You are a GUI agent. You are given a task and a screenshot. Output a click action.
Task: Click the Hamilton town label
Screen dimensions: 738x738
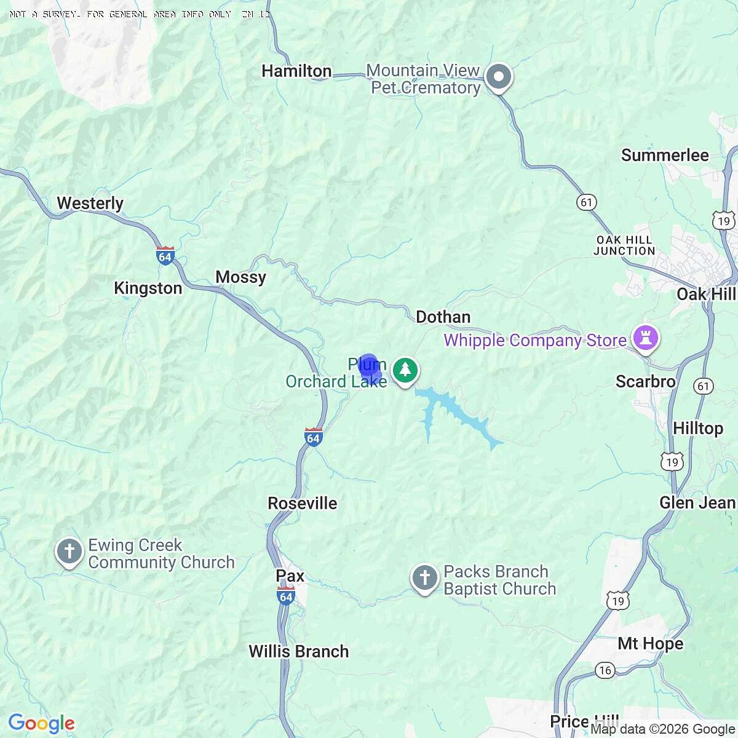pyautogui.click(x=296, y=71)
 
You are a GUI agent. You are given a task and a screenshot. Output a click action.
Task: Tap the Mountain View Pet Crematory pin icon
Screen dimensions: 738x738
pyautogui.click(x=499, y=78)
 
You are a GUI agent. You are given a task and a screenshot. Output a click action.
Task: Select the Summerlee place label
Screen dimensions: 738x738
pyautogui.click(x=665, y=155)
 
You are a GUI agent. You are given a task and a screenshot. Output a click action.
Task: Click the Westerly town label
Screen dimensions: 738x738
pyautogui.click(x=90, y=203)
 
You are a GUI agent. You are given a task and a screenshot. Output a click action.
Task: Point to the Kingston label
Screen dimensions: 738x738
pyautogui.click(x=148, y=288)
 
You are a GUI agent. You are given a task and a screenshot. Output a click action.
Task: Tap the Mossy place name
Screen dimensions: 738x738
pyautogui.click(x=240, y=277)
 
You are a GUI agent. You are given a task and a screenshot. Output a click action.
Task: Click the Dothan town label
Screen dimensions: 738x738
pyautogui.click(x=443, y=317)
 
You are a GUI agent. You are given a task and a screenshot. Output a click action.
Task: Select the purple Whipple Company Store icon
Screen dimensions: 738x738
pyautogui.click(x=645, y=339)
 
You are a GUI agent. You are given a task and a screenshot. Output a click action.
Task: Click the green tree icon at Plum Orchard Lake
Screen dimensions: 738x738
pyautogui.click(x=405, y=370)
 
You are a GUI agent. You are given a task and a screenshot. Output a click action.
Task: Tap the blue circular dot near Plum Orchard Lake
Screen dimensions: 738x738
pyautogui.click(x=368, y=365)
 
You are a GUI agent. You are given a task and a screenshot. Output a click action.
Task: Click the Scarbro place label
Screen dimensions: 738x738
pyautogui.click(x=645, y=381)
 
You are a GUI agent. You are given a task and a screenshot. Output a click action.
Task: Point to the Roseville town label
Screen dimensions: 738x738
pyautogui.click(x=302, y=503)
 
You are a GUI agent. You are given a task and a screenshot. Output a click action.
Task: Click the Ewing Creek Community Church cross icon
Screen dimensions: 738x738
pyautogui.click(x=69, y=551)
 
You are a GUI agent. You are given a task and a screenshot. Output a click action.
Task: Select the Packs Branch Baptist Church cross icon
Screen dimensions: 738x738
pyautogui.click(x=424, y=578)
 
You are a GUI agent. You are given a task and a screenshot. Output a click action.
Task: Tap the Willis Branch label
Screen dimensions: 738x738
pyautogui.click(x=298, y=651)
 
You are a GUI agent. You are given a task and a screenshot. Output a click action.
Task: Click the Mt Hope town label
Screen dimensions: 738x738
pyautogui.click(x=650, y=643)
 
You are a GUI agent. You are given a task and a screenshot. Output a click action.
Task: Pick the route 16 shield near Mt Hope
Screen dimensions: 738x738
pyautogui.click(x=605, y=670)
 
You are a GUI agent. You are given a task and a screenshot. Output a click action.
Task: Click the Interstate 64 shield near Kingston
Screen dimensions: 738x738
pyautogui.click(x=165, y=256)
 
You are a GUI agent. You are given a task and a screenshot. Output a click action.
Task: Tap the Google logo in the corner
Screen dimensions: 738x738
pyautogui.click(x=41, y=724)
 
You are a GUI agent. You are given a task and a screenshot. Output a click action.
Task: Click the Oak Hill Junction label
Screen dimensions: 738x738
pyautogui.click(x=624, y=245)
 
